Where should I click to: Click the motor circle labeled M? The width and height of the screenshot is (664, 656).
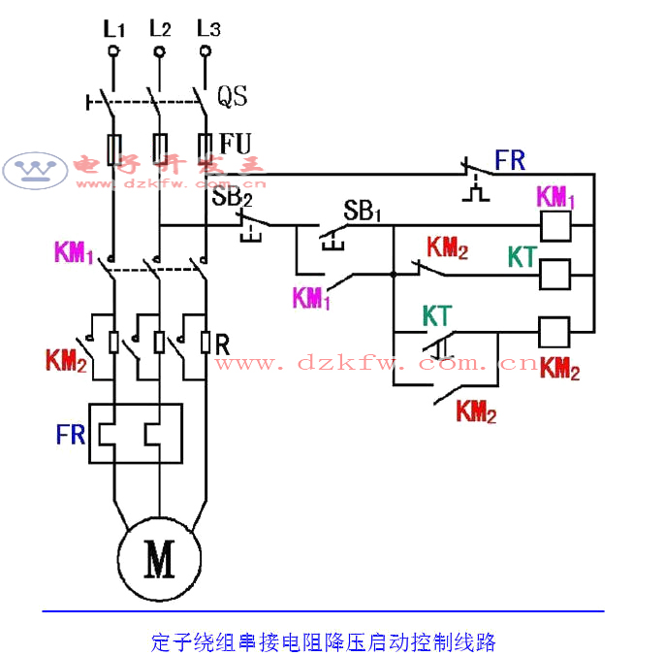pyautogui.click(x=159, y=559)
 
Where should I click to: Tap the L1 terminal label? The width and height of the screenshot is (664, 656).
pyautogui.click(x=114, y=29)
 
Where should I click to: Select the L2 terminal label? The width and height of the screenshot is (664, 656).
pyautogui.click(x=160, y=29)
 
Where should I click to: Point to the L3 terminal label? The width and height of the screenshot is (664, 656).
pyautogui.click(x=206, y=29)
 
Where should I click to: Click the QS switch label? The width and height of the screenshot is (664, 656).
pyautogui.click(x=232, y=96)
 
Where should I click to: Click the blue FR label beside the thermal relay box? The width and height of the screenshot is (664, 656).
pyautogui.click(x=71, y=434)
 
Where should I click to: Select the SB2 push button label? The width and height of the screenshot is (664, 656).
pyautogui.click(x=233, y=197)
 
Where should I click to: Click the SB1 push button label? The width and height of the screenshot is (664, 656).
pyautogui.click(x=362, y=211)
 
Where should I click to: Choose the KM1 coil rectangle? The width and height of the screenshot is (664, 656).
pyautogui.click(x=554, y=226)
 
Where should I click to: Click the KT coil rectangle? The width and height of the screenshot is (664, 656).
pyautogui.click(x=554, y=276)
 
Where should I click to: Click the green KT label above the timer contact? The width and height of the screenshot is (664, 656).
pyautogui.click(x=436, y=315)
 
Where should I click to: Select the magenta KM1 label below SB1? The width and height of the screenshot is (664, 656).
pyautogui.click(x=312, y=298)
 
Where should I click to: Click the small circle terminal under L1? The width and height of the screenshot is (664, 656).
pyautogui.click(x=113, y=49)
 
